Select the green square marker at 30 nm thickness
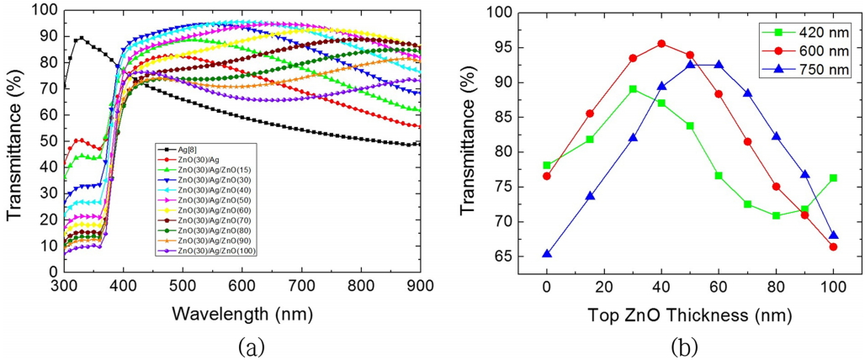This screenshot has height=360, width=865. pos(633,88)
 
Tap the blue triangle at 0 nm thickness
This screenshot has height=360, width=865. pos(547,253)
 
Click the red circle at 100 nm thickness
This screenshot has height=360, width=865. pos(833,246)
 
